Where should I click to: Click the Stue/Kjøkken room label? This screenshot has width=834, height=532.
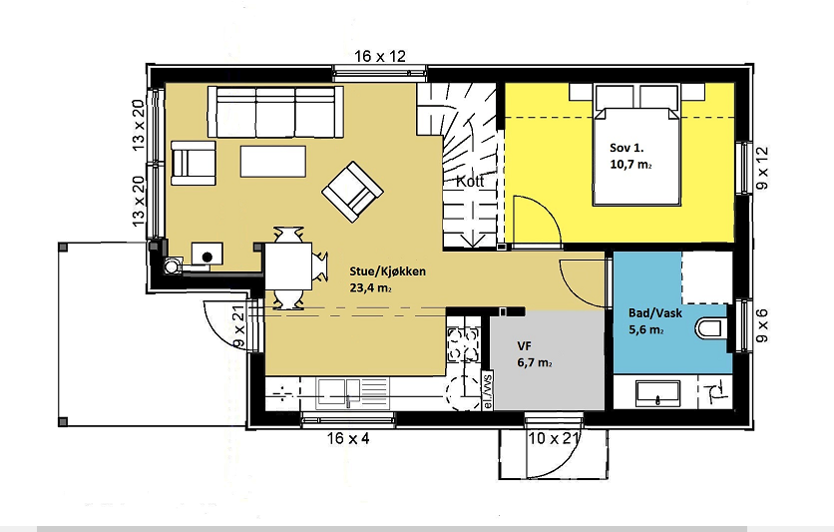coord(387,271)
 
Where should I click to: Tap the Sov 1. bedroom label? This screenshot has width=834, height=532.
coord(626,148)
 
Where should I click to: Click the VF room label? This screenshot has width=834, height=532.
coord(524,346)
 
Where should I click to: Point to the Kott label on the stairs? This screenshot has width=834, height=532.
coord(470,182)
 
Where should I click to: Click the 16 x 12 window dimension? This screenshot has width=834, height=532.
coord(380,56)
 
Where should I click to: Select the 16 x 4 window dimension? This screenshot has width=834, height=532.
coord(348,438)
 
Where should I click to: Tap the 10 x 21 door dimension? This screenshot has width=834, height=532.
coord(553,439)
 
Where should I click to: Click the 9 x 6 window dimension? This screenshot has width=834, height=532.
coord(762,325)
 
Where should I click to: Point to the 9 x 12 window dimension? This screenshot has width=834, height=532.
coord(762,169)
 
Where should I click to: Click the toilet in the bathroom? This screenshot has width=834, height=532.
coord(709,328)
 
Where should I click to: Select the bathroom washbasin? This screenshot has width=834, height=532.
coord(658,393)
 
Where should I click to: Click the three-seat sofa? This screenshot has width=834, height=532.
coord(275,112)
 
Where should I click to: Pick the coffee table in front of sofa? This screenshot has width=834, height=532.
coord(273,161)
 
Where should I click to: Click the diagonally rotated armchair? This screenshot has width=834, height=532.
coord(352,192)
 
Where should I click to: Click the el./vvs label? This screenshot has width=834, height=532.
coord(487,390)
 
